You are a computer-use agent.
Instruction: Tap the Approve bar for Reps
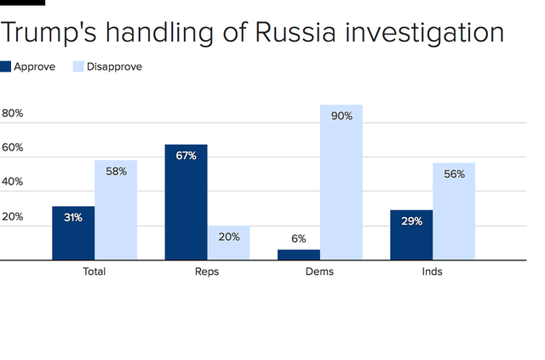(x=186, y=202)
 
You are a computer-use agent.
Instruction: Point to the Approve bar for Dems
(x=299, y=254)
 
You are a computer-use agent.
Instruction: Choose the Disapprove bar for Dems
(x=341, y=182)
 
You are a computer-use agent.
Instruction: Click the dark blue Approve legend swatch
(x=6, y=66)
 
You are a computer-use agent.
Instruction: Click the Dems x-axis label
(x=319, y=272)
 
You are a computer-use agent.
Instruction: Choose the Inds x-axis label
(x=433, y=272)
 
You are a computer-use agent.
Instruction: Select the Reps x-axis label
(x=207, y=272)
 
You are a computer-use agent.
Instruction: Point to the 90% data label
(x=341, y=116)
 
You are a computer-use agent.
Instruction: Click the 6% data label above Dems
(x=299, y=239)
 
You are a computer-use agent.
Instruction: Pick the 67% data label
(x=186, y=156)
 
